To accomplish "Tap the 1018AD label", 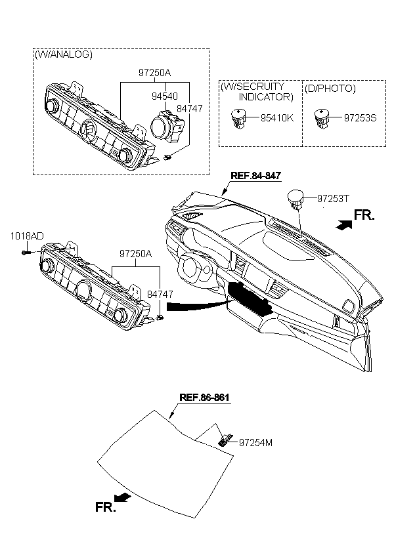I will tap(26, 236).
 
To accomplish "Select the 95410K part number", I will tap(276, 119).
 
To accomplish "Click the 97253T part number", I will tap(334, 197).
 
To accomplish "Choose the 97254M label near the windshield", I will tap(255, 443).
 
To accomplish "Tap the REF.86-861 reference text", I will tap(205, 398).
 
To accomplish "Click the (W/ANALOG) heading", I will tap(63, 54).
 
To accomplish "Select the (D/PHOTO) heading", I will tap(330, 88).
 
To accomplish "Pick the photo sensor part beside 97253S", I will tap(322, 117).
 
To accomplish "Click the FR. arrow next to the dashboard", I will tap(341, 224).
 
